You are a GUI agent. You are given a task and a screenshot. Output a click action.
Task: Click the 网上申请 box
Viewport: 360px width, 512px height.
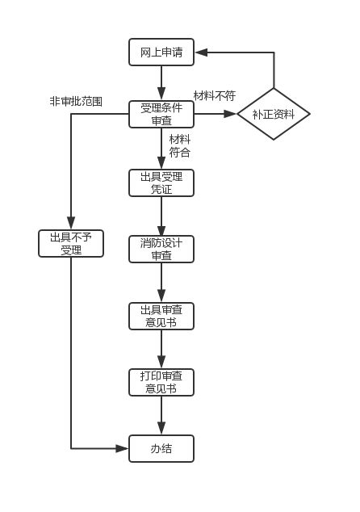click(161, 52)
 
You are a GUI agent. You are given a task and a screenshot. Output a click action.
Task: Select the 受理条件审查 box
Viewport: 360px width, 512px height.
click(161, 114)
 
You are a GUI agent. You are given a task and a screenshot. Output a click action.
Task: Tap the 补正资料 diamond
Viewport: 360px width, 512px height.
click(274, 114)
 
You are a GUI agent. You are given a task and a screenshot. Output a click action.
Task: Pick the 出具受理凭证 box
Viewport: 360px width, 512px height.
click(161, 183)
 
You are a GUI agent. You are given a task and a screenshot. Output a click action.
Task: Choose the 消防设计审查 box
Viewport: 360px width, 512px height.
click(161, 250)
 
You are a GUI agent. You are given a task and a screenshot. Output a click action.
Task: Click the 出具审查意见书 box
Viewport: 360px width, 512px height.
click(161, 316)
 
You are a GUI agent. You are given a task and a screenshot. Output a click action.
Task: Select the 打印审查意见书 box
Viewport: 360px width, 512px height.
click(161, 382)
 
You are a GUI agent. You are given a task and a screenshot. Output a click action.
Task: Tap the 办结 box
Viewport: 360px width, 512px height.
click(161, 449)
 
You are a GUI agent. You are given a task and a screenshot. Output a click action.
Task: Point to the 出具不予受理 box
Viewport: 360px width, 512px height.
click(71, 244)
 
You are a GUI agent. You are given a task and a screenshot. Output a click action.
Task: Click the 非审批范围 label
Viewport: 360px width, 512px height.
click(76, 101)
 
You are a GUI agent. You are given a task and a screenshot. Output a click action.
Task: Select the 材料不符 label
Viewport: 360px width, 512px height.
click(215, 95)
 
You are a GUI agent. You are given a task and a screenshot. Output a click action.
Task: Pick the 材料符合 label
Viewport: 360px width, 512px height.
click(179, 146)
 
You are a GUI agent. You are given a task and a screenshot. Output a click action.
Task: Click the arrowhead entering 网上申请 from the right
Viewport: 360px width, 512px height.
click(200, 52)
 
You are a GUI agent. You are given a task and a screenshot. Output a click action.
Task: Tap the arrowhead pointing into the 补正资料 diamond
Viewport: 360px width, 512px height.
click(230, 114)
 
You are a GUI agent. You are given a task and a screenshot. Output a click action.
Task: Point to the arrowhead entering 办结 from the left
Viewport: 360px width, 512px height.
click(123, 449)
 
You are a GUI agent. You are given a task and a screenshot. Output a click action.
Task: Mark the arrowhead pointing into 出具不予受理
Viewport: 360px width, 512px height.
click(71, 224)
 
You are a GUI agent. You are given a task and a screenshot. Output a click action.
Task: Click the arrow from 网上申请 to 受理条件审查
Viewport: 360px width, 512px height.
click(161, 83)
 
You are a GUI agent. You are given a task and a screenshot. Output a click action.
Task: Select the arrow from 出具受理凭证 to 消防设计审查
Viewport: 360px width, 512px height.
click(161, 216)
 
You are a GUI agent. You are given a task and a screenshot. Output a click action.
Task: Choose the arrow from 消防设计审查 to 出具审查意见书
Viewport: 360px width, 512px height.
click(161, 283)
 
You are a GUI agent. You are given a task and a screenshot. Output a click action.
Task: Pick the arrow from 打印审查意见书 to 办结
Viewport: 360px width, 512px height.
click(161, 416)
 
